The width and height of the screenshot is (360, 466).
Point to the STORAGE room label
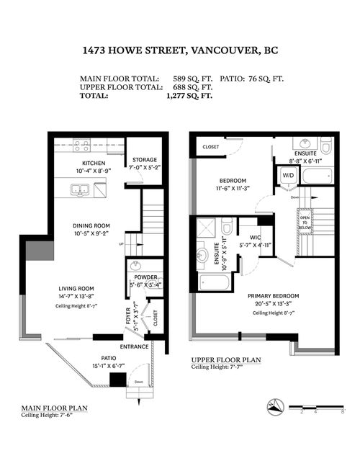[144, 159]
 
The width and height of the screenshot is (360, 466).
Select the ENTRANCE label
[135, 346]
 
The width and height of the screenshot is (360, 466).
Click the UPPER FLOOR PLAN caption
[220, 359]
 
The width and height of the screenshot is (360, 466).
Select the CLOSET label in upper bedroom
[211, 146]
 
